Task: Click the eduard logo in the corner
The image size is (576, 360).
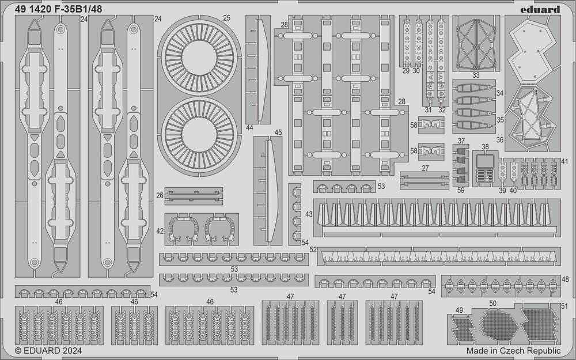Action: click(540, 10)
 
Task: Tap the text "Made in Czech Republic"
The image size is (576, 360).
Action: click(514, 350)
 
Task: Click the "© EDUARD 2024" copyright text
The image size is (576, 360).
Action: click(48, 350)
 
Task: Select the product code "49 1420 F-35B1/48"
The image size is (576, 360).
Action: click(59, 10)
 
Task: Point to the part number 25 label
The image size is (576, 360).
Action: click(226, 18)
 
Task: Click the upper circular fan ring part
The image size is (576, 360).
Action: click(199, 58)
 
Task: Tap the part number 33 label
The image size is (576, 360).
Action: click(476, 75)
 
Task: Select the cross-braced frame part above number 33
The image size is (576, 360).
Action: click(476, 44)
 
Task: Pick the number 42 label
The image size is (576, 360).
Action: click(160, 231)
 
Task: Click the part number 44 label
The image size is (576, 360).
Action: click(249, 128)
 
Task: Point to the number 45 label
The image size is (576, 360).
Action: click(278, 132)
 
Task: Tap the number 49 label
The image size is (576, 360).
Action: click(459, 310)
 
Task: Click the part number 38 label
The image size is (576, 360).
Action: click(485, 146)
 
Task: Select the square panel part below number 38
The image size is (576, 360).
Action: click(485, 162)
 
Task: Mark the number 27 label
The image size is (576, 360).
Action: click(425, 168)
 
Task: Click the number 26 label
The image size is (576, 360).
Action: click(160, 195)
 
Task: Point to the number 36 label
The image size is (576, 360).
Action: click(499, 140)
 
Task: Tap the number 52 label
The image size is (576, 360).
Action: click(313, 249)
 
